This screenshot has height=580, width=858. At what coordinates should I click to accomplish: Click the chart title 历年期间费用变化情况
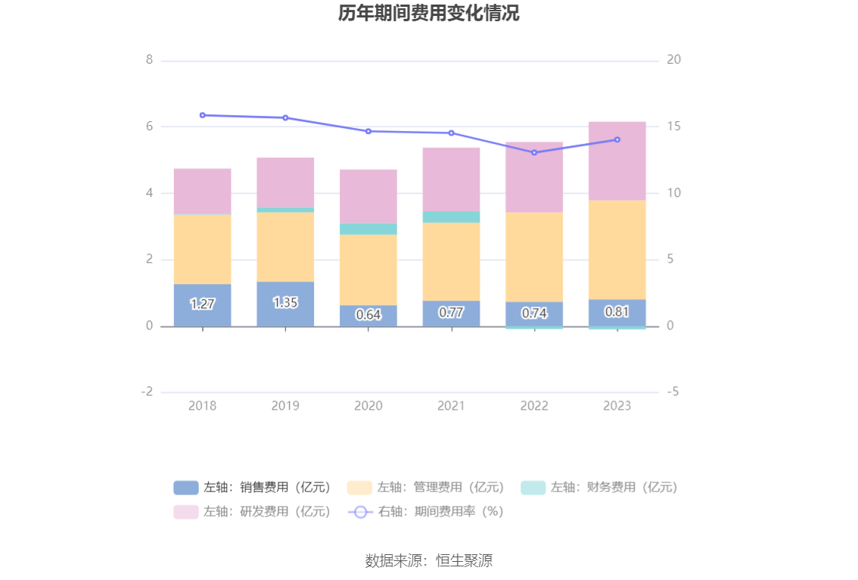[428, 14]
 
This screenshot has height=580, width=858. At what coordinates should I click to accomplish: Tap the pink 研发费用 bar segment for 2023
[617, 161]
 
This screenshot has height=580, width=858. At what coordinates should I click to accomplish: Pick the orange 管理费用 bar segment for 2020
[368, 270]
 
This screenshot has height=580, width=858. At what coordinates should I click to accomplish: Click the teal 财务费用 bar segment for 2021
[451, 217]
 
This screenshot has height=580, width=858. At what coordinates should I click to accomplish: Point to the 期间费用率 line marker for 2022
[534, 153]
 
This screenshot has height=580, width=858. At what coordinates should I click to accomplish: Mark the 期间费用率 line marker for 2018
[202, 115]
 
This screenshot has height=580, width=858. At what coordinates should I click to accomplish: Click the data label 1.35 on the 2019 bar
[285, 302]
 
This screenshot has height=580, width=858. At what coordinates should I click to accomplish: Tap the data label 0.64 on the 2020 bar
[368, 314]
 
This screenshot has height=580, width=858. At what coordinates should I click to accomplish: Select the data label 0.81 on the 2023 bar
[617, 311]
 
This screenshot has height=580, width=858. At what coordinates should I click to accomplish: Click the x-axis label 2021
[451, 406]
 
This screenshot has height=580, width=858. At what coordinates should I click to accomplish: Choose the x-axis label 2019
[285, 406]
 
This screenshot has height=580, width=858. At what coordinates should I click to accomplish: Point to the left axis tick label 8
[150, 60]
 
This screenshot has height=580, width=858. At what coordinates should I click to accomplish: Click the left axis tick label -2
[147, 392]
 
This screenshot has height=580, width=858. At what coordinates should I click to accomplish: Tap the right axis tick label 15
[673, 126]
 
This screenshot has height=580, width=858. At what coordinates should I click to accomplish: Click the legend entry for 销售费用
[253, 488]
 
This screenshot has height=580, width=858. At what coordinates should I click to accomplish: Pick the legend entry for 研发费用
[253, 512]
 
